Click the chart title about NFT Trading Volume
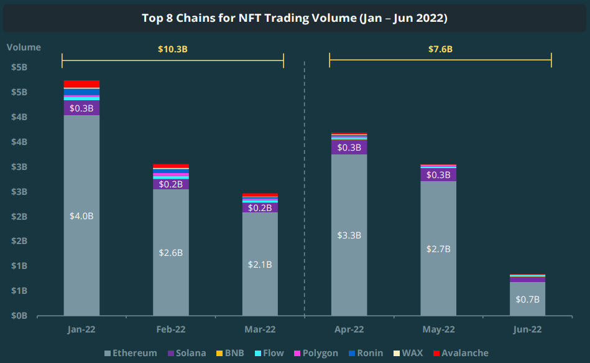295,18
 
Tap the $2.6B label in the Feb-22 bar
171,253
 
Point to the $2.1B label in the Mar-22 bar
260,264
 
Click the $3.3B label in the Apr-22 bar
349,235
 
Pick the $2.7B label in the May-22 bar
438,248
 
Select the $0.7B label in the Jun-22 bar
527,299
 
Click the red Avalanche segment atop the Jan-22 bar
81,84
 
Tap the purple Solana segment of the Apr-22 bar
349,148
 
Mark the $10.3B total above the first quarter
172,49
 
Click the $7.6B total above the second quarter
440,49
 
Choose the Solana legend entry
186,353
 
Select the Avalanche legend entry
460,353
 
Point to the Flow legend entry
267,353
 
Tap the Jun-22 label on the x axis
527,329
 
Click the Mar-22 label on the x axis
260,329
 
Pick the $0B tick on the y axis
19,316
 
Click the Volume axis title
24,47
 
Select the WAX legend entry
407,353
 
